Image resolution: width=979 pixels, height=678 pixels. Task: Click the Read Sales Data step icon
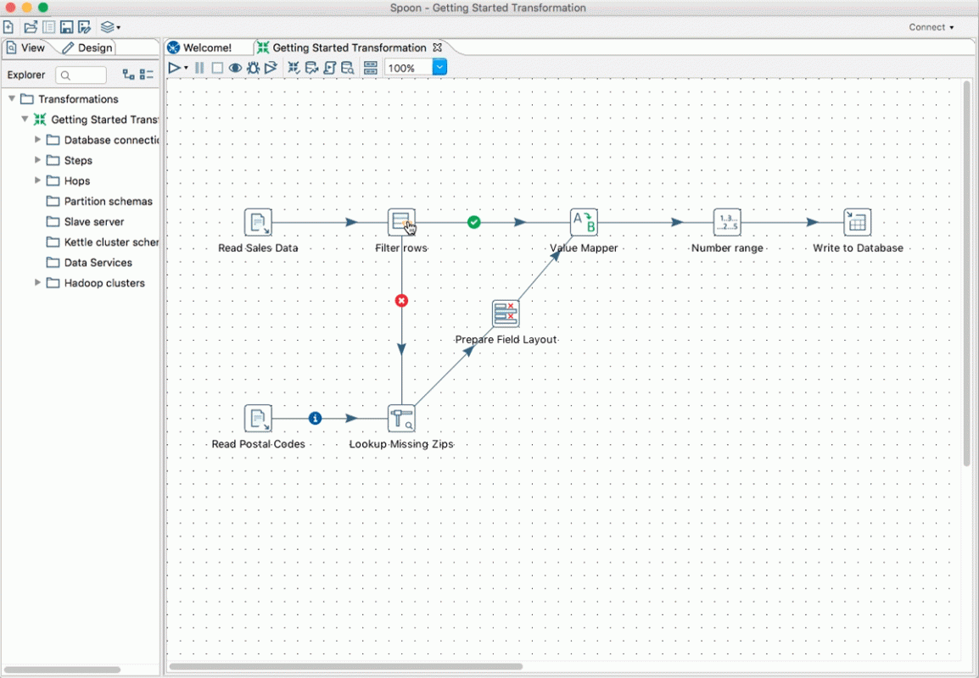tap(258, 222)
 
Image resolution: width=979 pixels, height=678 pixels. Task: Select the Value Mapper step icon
tap(584, 222)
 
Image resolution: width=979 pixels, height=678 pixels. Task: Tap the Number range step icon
tap(727, 222)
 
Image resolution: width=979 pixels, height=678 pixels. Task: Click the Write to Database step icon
tap(857, 222)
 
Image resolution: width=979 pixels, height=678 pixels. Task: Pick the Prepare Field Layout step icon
tap(506, 314)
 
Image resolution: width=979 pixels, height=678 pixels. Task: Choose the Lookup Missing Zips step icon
tap(401, 419)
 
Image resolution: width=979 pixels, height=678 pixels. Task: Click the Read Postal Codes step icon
tap(258, 419)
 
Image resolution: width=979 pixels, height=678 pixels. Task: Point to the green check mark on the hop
tap(474, 222)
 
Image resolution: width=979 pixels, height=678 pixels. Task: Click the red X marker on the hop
tap(401, 301)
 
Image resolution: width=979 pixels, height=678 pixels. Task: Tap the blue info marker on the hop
tap(316, 419)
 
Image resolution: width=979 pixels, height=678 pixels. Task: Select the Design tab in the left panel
tap(87, 47)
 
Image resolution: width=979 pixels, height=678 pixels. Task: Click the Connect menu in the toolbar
tap(931, 27)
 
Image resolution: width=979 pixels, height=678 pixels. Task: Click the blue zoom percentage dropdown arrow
tap(439, 67)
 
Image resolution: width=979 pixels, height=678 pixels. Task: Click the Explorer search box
tap(81, 75)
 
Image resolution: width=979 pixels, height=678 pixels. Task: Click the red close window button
tap(10, 8)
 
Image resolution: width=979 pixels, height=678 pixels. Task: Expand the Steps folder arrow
tap(37, 160)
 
